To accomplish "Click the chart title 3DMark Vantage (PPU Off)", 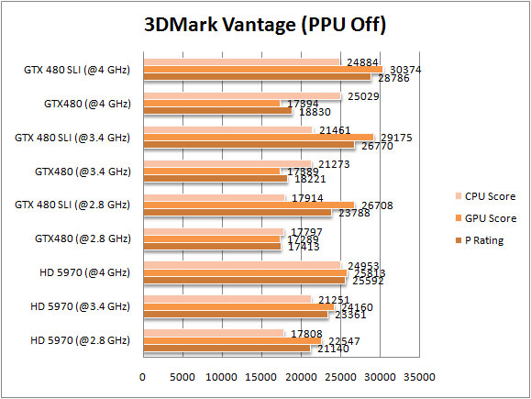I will coord(265,25).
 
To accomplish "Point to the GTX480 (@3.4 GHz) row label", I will coord(82,172).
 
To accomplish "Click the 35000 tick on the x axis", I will coord(420,377).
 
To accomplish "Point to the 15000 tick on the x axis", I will coord(261,377).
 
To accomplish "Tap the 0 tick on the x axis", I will coord(142,377).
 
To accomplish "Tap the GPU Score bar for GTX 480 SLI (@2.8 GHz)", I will coord(248,205).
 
